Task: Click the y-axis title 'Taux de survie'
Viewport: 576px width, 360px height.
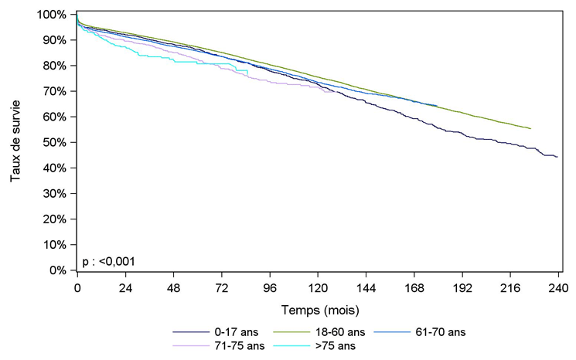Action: [15, 142]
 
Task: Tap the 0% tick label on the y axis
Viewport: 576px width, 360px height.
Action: [57, 270]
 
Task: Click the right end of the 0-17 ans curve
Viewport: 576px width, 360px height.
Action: [557, 157]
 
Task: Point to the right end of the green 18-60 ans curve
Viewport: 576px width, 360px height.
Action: [530, 128]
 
